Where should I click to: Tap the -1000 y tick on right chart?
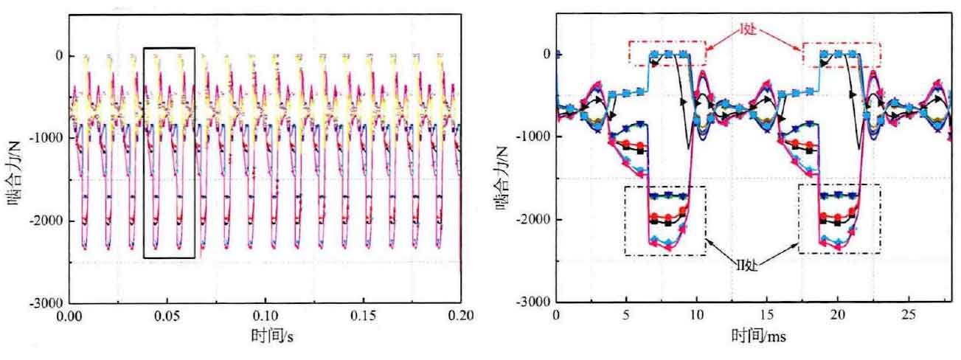[534, 137]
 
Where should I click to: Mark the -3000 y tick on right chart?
[534, 302]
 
